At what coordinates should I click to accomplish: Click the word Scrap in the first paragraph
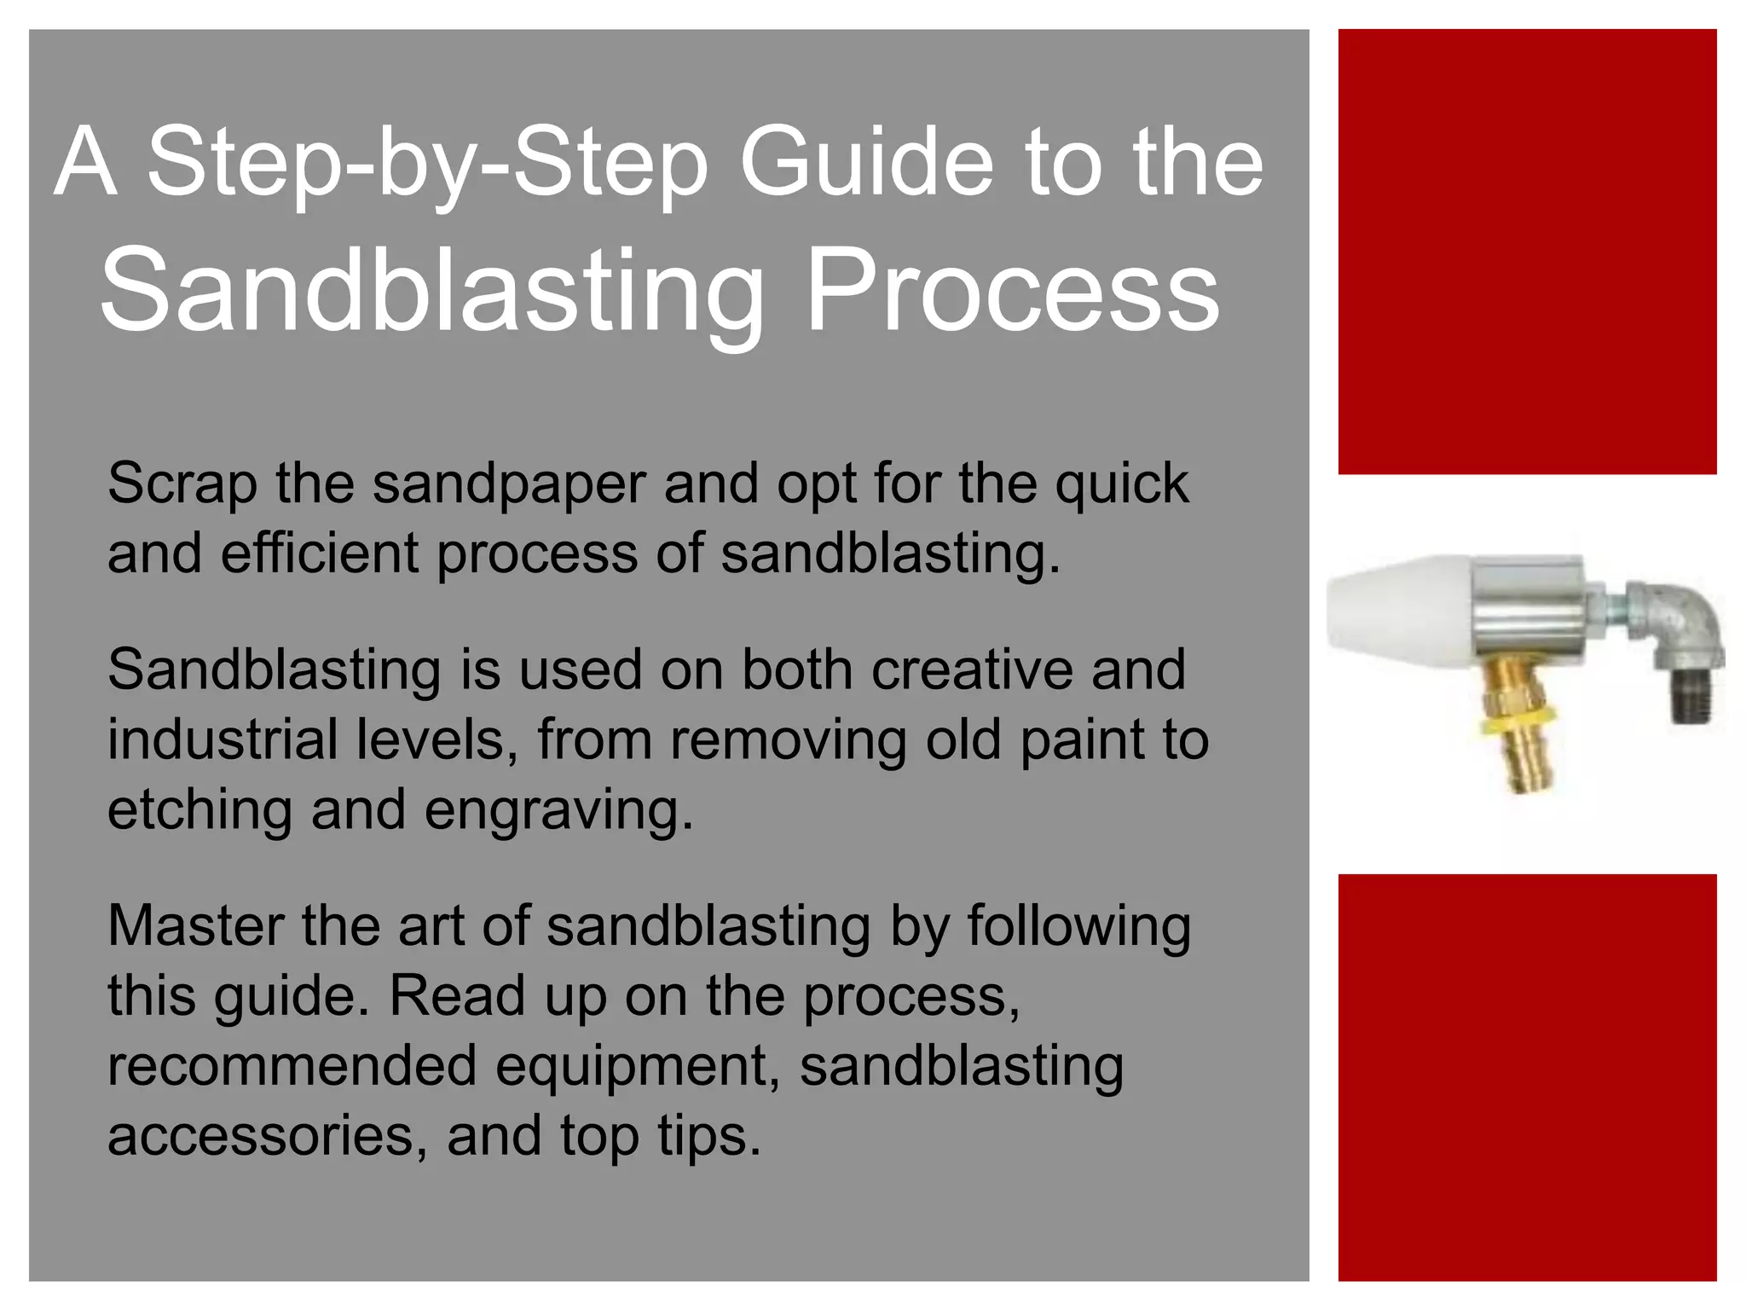(x=182, y=484)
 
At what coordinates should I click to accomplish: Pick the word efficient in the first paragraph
(x=319, y=553)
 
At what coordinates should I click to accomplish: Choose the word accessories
(x=260, y=1137)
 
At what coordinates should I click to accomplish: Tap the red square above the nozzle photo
(x=1527, y=252)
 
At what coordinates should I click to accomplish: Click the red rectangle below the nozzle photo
(x=1527, y=1077)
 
